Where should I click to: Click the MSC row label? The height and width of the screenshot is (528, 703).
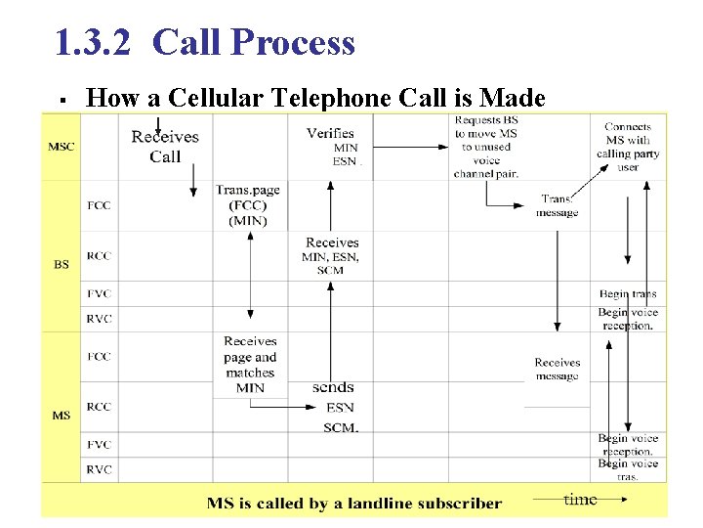(x=61, y=148)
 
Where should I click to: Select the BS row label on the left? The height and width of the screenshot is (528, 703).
(x=61, y=265)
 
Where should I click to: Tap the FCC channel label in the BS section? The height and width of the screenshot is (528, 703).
(x=99, y=205)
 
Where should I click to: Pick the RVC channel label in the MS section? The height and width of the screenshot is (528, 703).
(x=99, y=469)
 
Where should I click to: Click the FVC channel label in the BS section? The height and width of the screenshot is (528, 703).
(x=99, y=293)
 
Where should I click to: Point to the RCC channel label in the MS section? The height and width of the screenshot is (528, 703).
(x=99, y=407)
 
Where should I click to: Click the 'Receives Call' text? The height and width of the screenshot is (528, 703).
(x=165, y=147)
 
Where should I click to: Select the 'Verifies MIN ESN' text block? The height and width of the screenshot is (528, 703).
(x=331, y=147)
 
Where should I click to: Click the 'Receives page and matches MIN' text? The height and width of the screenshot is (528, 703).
(x=250, y=364)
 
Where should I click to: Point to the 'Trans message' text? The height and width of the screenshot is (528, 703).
(x=557, y=205)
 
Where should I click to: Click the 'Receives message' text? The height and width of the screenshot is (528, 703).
(x=558, y=369)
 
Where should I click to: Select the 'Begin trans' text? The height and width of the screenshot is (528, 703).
(x=628, y=293)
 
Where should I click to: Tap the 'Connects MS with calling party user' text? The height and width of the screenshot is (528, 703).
(x=628, y=147)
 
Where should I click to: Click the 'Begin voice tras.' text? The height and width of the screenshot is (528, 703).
(x=628, y=469)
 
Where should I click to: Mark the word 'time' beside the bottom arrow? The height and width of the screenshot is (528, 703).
(x=580, y=500)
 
